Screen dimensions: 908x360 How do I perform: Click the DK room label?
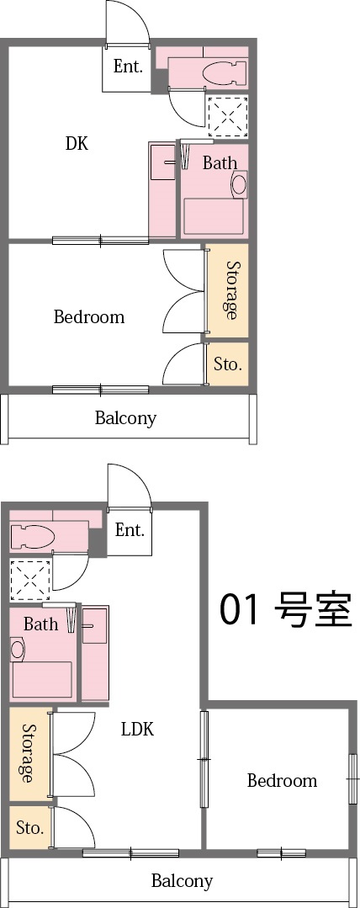coord(77,143)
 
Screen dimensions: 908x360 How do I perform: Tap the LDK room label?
coord(137,729)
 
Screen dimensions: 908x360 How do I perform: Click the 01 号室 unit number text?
coord(285,610)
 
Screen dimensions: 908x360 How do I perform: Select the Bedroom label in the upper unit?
coord(89,317)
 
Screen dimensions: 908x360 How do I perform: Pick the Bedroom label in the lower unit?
coord(282,781)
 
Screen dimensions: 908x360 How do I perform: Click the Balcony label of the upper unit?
coord(125,417)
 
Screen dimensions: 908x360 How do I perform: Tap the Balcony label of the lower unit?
coord(182,881)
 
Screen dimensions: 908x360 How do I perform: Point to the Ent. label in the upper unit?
coord(128,67)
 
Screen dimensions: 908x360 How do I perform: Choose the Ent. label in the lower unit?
coord(130,530)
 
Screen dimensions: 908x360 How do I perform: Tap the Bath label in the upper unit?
coord(220,163)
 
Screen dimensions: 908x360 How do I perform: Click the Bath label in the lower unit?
coord(41,624)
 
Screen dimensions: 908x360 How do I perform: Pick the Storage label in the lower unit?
coord(29,753)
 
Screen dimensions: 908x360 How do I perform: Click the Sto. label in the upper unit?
coord(228,364)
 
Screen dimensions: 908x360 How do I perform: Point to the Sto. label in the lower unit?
coord(29,828)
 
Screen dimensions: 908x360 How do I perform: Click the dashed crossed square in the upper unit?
coord(228,116)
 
